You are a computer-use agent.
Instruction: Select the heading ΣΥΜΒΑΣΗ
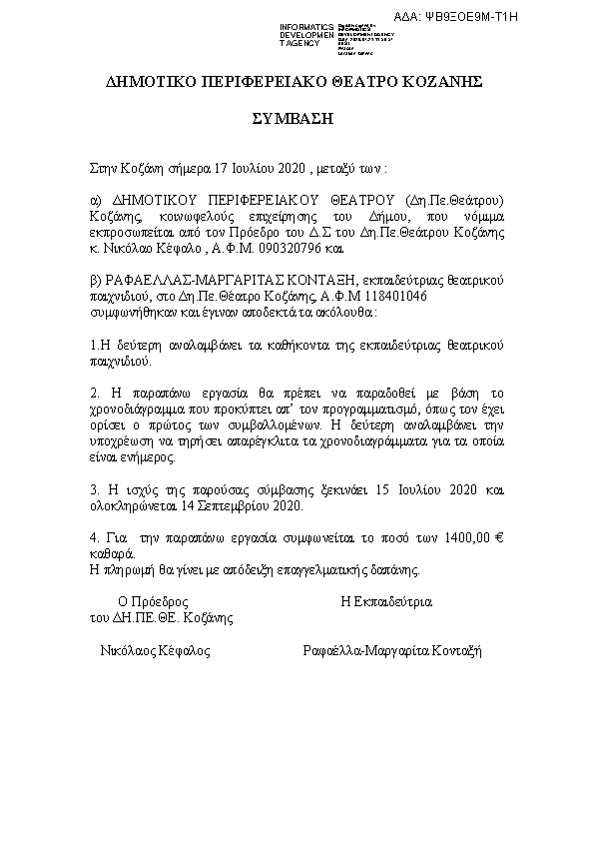tap(293, 118)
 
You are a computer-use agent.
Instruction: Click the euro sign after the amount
tap(498, 538)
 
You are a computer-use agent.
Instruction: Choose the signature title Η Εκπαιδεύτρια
tap(386, 603)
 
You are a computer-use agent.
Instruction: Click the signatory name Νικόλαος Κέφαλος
tap(155, 650)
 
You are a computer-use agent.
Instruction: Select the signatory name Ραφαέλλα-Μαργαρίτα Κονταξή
tap(392, 650)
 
